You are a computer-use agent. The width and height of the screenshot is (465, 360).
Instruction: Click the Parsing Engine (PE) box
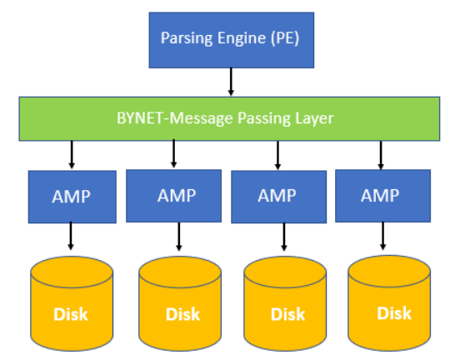pos(232,40)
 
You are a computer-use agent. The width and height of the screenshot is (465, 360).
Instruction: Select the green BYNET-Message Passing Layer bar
pos(229,118)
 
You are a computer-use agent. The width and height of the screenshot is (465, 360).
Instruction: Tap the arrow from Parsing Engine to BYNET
pos(231,82)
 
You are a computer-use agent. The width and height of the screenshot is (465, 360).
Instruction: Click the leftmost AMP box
pos(72,197)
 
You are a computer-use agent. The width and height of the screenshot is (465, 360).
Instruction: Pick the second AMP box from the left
pos(173,196)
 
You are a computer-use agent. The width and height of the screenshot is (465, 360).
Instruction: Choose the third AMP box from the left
pos(279,197)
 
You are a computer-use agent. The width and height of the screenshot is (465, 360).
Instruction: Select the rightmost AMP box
pos(382,196)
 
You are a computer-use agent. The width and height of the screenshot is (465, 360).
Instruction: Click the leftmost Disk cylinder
pos(72,303)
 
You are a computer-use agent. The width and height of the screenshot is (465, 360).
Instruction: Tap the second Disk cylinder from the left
pos(180,303)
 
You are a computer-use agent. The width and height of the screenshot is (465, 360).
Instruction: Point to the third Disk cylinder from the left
pos(285,303)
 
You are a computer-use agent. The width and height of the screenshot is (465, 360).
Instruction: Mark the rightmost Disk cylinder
pos(389,303)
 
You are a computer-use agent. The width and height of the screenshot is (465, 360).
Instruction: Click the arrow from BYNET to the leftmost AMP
pos(72,154)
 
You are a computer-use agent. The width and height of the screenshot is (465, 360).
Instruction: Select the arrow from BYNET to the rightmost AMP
pos(381,155)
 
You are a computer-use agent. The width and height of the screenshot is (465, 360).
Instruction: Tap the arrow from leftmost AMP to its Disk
pos(71,236)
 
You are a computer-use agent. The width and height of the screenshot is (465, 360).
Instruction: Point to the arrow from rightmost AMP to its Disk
pos(382,236)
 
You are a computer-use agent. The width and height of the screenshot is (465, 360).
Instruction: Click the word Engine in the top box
pos(242,38)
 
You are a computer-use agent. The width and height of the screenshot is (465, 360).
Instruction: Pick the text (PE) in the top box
pos(285,38)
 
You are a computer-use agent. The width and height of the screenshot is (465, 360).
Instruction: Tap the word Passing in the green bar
pos(264,118)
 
